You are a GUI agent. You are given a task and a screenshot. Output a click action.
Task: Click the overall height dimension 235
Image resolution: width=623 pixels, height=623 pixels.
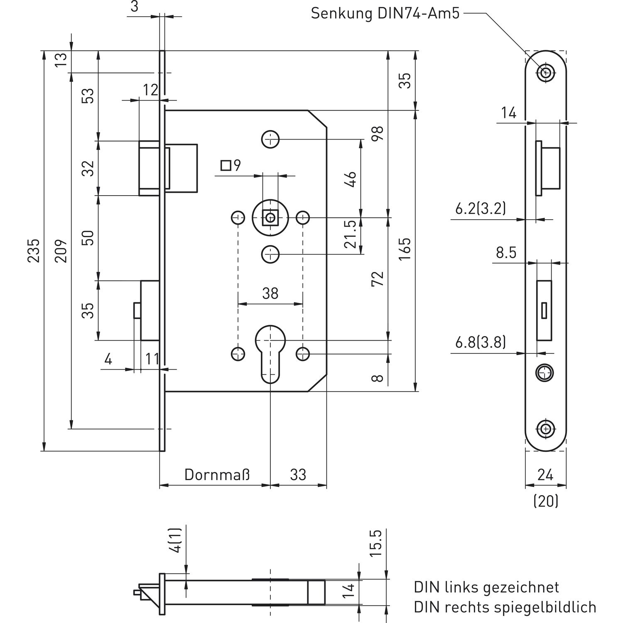click(34, 250)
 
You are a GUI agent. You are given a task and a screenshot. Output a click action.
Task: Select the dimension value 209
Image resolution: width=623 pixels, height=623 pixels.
click(61, 250)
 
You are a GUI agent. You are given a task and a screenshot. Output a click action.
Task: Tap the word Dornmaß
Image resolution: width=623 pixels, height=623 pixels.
click(217, 474)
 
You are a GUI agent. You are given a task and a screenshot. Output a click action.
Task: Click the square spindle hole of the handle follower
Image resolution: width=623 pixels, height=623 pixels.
click(271, 217)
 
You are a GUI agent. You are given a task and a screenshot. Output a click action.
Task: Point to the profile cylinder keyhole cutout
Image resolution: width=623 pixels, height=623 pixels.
click(270, 351)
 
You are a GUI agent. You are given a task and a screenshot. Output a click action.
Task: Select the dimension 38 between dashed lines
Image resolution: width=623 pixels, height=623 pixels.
click(270, 293)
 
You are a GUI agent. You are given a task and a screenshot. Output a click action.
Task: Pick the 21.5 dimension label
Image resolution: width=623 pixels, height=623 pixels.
click(351, 235)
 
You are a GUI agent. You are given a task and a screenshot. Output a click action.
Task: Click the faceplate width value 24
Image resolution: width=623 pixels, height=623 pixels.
click(545, 474)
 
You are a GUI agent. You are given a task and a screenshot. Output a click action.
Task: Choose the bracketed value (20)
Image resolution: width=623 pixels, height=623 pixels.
click(546, 501)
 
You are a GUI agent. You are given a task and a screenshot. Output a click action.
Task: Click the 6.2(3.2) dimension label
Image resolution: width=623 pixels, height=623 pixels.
click(481, 208)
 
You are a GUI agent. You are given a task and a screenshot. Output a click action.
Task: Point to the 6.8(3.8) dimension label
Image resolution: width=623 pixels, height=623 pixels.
click(481, 343)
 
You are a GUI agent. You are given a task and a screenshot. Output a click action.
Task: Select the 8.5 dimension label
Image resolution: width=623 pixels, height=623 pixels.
click(506, 252)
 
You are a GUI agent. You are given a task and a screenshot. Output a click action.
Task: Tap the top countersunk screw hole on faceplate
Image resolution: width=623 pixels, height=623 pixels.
click(546, 73)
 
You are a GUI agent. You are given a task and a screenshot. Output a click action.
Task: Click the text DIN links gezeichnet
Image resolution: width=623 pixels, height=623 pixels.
click(486, 587)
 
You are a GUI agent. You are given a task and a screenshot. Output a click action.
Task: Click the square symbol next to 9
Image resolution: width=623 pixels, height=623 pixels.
click(226, 166)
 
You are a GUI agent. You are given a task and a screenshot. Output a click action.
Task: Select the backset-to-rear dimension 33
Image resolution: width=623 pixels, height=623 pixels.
click(298, 474)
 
